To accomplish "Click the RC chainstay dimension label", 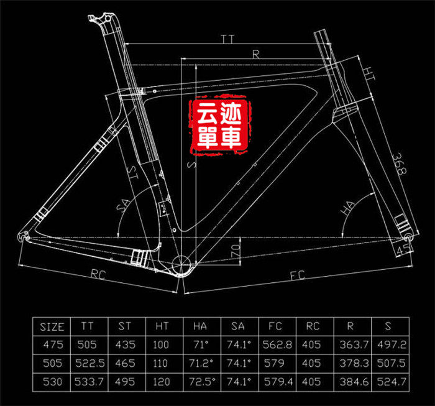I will (x=96, y=273).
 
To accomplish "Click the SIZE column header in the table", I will (x=52, y=326).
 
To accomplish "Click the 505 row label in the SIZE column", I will (x=52, y=362).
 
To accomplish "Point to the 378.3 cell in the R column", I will (x=352, y=362).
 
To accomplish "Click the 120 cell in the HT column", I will (x=162, y=381).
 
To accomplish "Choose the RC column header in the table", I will (x=314, y=326).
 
